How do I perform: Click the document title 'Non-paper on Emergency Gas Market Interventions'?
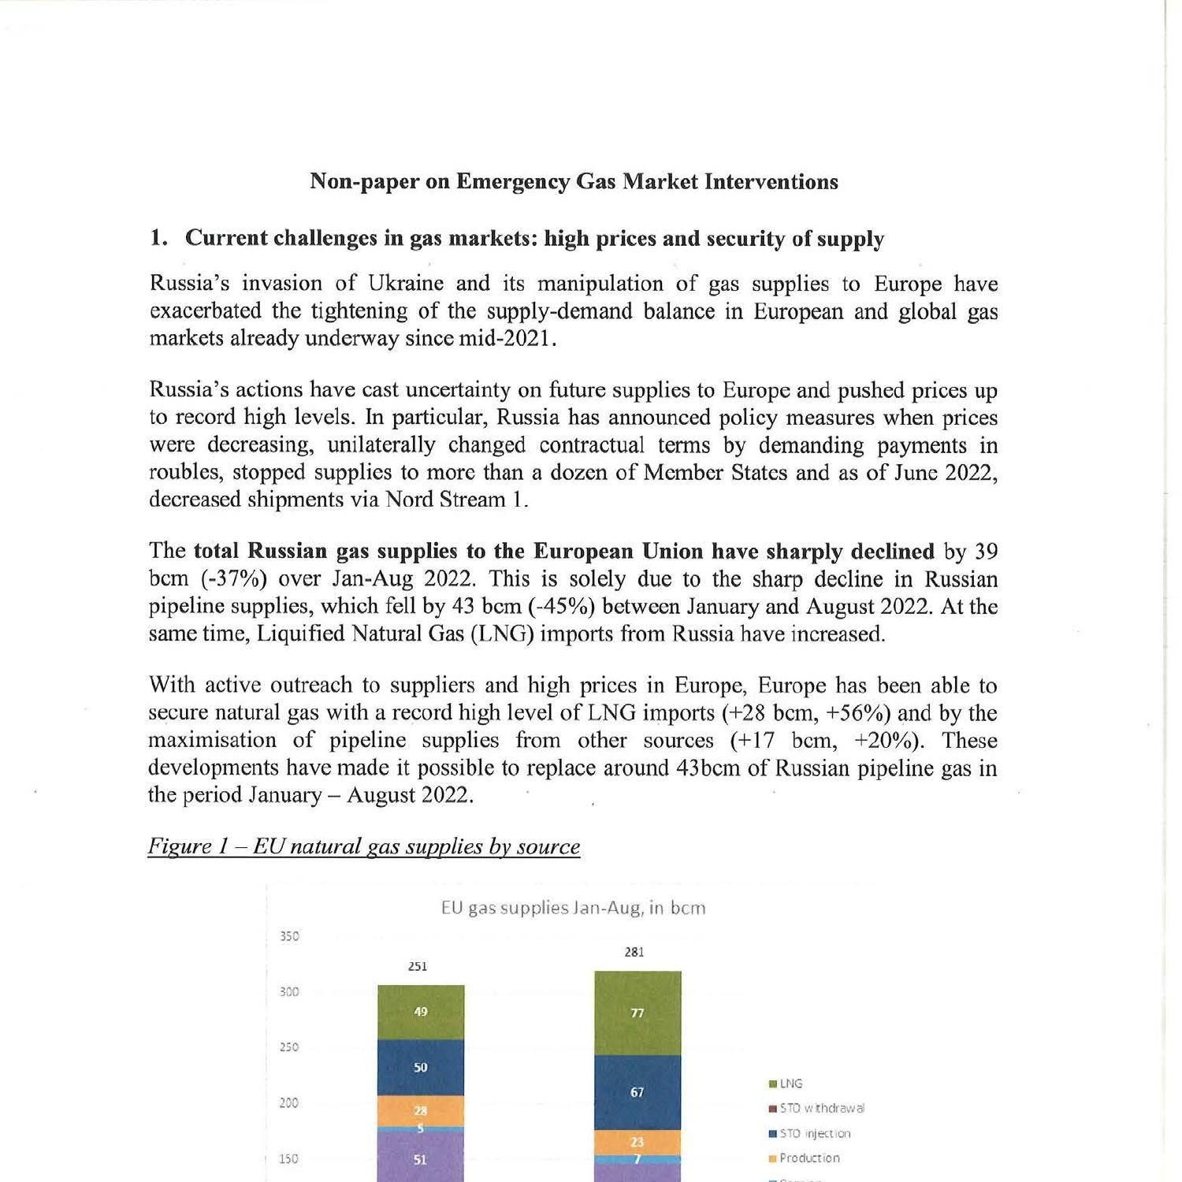pyautogui.click(x=574, y=182)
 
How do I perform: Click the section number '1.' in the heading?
pyautogui.click(x=158, y=238)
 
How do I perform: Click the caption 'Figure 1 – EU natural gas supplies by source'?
pyautogui.click(x=364, y=846)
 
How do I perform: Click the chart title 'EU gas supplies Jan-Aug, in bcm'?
pyautogui.click(x=573, y=908)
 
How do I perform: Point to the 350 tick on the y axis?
pyautogui.click(x=289, y=936)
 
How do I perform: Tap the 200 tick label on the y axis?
pyautogui.click(x=289, y=1102)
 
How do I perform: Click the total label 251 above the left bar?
pyautogui.click(x=418, y=966)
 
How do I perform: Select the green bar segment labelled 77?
pyautogui.click(x=637, y=1013)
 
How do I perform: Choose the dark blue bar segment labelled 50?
pyautogui.click(x=421, y=1068)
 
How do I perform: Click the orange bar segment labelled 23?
pyautogui.click(x=637, y=1142)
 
